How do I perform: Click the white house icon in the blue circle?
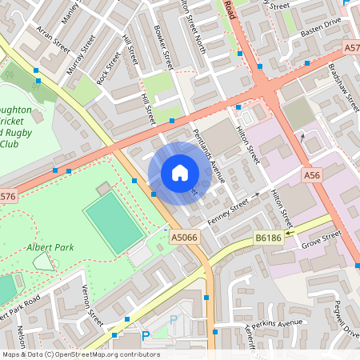(179, 173)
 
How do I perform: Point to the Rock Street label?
(107, 68)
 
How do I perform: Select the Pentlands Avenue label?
(207, 156)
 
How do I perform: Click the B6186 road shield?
(268, 238)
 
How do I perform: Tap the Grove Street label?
(321, 238)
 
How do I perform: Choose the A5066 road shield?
(183, 236)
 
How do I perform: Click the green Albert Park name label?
(50, 247)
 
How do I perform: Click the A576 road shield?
(6, 195)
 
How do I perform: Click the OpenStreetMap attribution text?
(80, 354)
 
